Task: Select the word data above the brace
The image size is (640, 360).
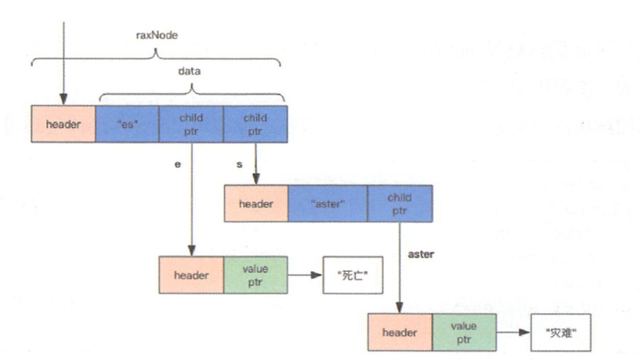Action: [x=191, y=72]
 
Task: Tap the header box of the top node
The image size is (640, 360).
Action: [x=63, y=125]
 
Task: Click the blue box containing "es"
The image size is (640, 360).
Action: [x=127, y=125]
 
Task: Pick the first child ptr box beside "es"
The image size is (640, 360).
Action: [x=191, y=125]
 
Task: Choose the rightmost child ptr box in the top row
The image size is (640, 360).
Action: [x=255, y=125]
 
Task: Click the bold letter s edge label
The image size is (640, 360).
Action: [x=240, y=164]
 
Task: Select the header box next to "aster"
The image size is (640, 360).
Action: [x=256, y=204]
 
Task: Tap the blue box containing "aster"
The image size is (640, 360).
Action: [x=328, y=204]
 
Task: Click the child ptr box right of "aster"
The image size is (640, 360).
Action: [x=400, y=204]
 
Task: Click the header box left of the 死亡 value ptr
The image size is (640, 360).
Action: [x=191, y=275]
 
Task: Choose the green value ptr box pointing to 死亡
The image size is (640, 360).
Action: [x=255, y=275]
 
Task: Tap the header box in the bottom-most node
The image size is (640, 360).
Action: [x=400, y=332]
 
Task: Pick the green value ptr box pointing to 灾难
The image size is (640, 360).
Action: [x=464, y=332]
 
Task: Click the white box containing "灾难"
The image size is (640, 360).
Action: [x=560, y=332]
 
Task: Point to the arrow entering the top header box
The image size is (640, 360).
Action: [x=64, y=64]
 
